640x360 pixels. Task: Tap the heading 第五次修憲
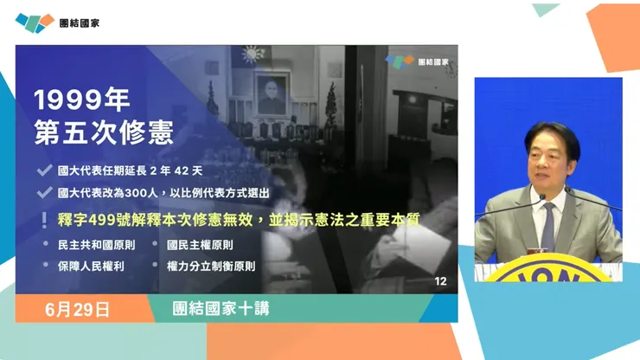104,132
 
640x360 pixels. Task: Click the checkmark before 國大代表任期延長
42,170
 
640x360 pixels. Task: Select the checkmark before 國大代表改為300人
42,193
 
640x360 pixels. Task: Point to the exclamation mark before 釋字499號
42,220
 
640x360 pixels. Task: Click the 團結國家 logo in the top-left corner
57,22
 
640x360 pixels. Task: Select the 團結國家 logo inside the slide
420,62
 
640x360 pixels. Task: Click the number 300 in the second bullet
150,193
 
